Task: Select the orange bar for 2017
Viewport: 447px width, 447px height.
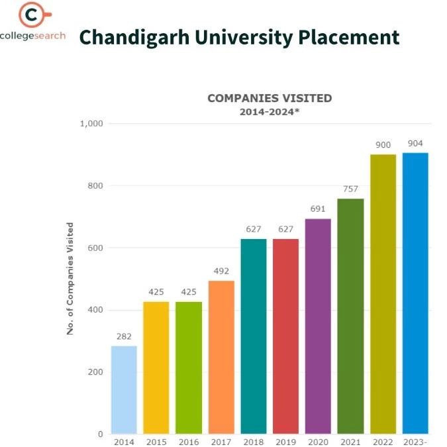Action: (x=221, y=357)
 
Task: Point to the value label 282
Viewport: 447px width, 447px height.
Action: (x=124, y=336)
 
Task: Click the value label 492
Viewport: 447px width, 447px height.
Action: (x=221, y=271)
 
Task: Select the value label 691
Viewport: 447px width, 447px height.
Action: (x=318, y=209)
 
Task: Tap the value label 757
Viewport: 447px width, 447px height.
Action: (x=350, y=189)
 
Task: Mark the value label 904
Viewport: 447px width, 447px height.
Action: (x=415, y=143)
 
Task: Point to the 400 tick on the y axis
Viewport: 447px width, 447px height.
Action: (x=95, y=310)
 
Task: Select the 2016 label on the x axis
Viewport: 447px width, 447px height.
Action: (x=189, y=442)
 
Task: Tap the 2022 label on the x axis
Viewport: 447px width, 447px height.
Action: (x=383, y=442)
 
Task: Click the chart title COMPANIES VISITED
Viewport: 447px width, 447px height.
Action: (x=270, y=98)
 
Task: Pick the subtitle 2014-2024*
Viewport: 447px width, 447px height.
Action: (x=270, y=112)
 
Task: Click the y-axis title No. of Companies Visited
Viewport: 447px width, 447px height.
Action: (x=70, y=278)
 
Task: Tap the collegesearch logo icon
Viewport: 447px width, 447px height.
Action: (x=32, y=15)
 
